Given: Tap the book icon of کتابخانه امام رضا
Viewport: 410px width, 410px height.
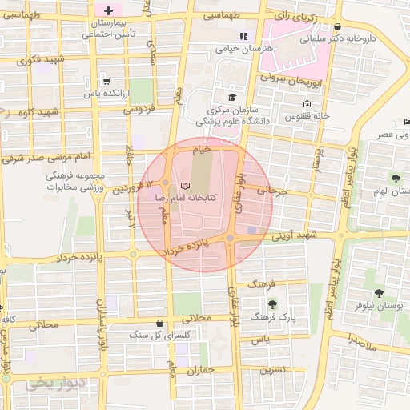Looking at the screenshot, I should (x=186, y=186).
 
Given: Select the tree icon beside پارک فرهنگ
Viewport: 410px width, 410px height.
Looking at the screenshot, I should (x=271, y=304).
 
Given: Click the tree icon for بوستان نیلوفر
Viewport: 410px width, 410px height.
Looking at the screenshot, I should (x=379, y=293).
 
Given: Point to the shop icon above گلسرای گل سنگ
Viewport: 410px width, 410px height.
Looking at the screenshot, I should (x=160, y=323).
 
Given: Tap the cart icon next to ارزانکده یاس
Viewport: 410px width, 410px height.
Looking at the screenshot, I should (x=107, y=81).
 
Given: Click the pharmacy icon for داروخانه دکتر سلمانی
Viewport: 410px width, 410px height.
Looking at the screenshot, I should (x=337, y=26).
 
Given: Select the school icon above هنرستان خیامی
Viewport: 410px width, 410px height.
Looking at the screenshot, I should (x=243, y=36).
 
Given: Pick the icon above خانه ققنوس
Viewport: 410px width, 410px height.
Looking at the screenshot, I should (x=307, y=104).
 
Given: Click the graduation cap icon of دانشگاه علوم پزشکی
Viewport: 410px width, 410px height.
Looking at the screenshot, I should (x=232, y=97).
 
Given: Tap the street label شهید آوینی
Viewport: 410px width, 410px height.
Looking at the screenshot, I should (x=293, y=235).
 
